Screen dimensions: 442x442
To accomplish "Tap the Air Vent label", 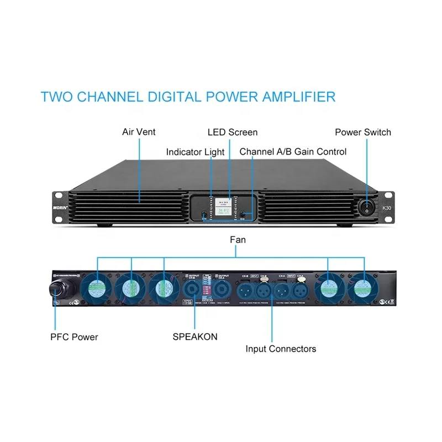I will pos(139,132).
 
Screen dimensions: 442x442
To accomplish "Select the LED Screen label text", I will pos(232,132).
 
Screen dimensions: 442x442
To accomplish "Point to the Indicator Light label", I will pos(196,152).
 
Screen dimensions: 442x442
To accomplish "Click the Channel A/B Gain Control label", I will pos(293,152).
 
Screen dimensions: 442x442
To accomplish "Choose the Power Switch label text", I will pos(362,132).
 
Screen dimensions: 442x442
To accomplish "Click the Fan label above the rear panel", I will pos(230,240).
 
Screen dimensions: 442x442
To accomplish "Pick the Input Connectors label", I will pos(281,349).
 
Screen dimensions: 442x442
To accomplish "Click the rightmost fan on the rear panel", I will pos(363,288).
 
